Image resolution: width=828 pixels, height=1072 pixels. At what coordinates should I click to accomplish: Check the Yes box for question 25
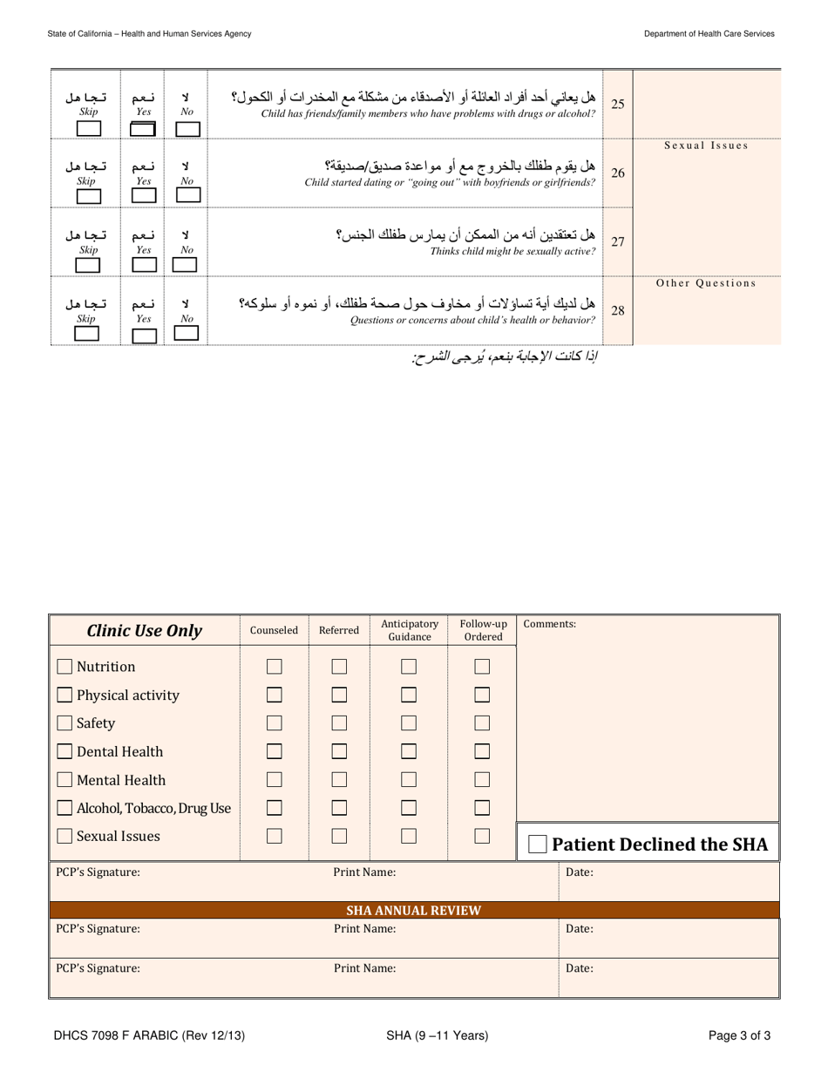(143, 129)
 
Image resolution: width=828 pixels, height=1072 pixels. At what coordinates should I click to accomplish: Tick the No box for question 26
(187, 196)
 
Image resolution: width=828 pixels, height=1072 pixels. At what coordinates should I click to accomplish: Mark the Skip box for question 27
(88, 265)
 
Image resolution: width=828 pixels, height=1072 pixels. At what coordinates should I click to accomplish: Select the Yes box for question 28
(143, 334)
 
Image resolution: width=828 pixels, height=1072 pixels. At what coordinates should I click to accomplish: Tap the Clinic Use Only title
(145, 631)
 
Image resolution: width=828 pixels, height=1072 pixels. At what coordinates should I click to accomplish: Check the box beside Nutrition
(64, 668)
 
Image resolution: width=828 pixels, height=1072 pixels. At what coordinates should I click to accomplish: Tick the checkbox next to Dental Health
(64, 752)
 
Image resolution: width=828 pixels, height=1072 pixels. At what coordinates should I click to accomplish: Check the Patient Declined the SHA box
(539, 845)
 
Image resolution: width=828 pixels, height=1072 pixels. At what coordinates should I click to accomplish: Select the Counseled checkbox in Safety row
(275, 723)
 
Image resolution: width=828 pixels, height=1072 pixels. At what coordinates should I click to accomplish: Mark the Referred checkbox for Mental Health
(340, 780)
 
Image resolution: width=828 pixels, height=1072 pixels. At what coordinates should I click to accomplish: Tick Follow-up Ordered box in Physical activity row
(483, 695)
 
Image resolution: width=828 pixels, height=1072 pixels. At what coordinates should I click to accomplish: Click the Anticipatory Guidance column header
(409, 630)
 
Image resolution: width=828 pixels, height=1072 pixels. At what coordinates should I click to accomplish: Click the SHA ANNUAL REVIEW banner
(414, 911)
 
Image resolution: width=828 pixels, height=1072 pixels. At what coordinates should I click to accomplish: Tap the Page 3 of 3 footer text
(739, 1035)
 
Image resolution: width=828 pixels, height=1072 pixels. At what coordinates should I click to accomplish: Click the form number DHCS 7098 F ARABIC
(148, 1035)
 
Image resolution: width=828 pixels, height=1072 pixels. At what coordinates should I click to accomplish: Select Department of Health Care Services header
(709, 33)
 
